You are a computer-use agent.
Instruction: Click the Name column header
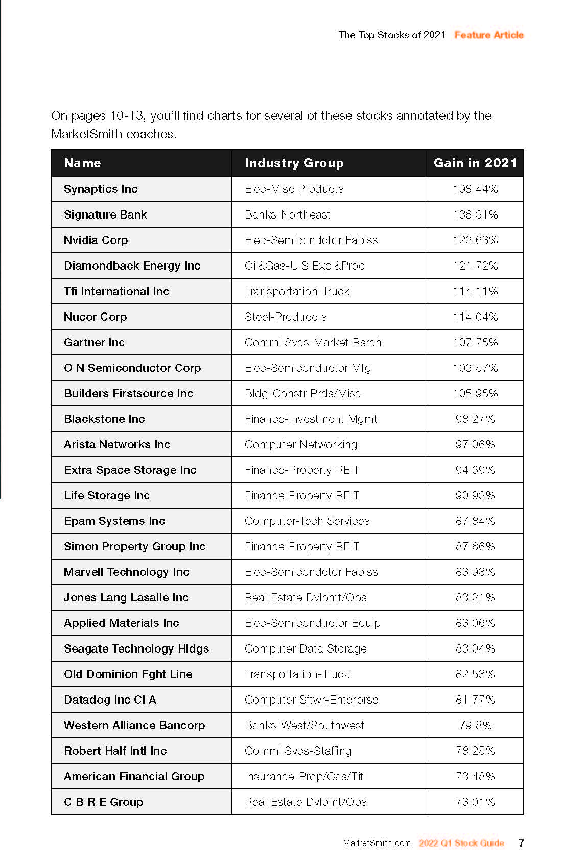click(82, 163)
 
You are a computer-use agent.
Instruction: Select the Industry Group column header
click(294, 163)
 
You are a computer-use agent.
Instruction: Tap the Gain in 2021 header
click(475, 163)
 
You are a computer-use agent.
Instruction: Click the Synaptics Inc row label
click(101, 189)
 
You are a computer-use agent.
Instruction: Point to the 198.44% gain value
click(475, 189)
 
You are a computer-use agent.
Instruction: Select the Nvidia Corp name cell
click(96, 240)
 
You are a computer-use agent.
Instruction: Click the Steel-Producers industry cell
click(286, 317)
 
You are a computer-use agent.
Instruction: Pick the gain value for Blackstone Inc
click(475, 419)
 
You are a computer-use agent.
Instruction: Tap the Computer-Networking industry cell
click(301, 444)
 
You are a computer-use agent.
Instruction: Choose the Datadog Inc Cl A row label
click(110, 700)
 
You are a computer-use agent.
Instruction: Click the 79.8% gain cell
click(475, 725)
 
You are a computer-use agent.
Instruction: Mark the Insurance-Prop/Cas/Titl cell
click(306, 776)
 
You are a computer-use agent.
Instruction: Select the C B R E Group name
click(103, 802)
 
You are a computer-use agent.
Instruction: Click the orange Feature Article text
click(489, 35)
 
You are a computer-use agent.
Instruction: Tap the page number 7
click(521, 843)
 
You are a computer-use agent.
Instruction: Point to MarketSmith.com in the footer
click(377, 843)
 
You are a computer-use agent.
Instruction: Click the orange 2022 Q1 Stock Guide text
click(461, 843)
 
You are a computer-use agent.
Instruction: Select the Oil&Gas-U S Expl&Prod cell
click(305, 266)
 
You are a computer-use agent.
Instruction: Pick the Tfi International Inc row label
click(116, 291)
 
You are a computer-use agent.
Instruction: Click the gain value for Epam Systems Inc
click(475, 521)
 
